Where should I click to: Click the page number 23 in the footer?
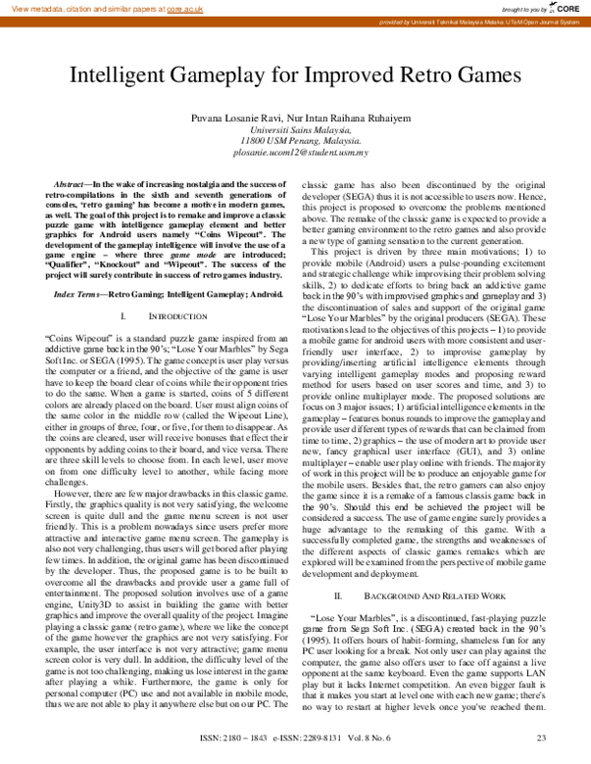click(541, 739)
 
